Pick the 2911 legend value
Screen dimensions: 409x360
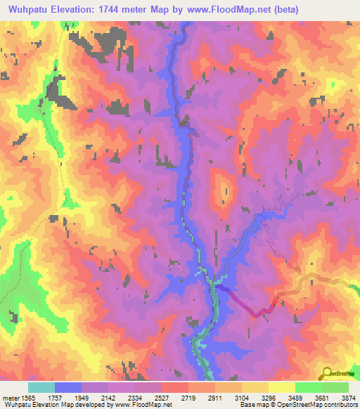click(x=215, y=397)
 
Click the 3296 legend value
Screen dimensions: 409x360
click(x=269, y=397)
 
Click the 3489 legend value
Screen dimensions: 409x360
click(x=297, y=397)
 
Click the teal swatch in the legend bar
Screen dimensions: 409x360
click(x=41, y=387)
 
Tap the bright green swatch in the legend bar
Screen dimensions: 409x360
click(x=308, y=387)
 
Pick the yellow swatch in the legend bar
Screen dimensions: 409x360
click(x=281, y=387)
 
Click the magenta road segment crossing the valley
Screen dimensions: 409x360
click(x=243, y=301)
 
